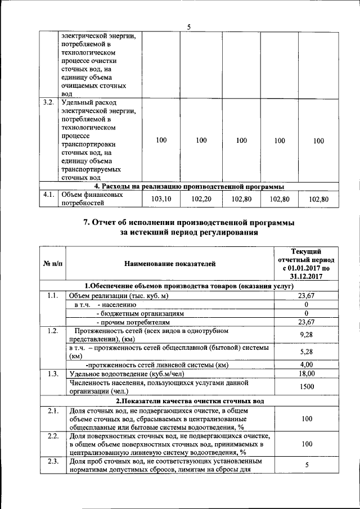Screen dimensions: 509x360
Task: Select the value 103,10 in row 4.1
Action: coord(161,199)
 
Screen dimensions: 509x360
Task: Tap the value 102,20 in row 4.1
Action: coord(201,199)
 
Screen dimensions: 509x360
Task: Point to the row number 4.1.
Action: coord(48,195)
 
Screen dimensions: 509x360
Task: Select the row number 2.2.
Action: coord(52,436)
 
